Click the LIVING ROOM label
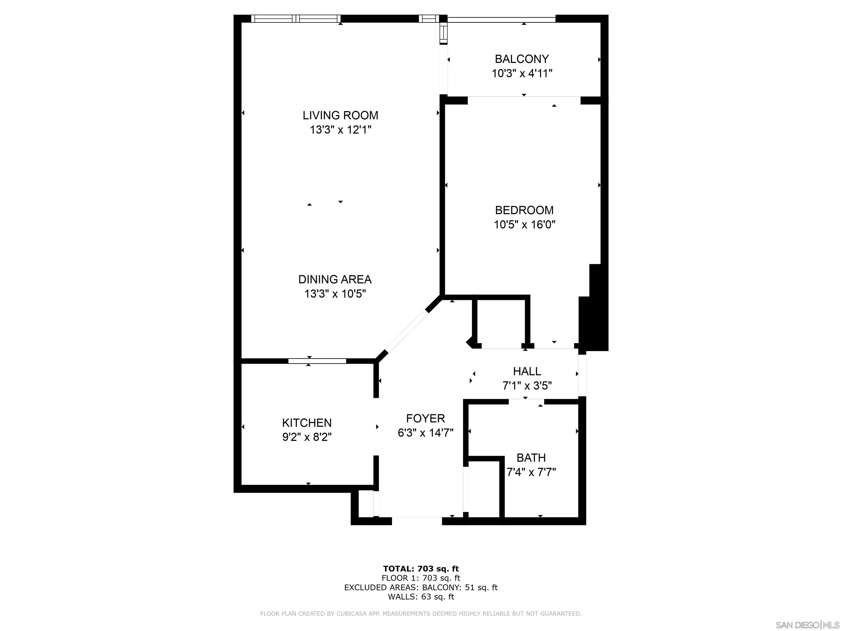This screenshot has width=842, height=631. coord(340,115)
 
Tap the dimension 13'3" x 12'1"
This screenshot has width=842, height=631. coord(340,130)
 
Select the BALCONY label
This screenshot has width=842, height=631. coord(522,59)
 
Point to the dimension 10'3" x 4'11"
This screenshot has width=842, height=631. coord(522,73)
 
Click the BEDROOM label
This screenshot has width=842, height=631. coord(524,210)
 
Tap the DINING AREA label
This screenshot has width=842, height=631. coord(335,279)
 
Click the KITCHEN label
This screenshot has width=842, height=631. coord(307,423)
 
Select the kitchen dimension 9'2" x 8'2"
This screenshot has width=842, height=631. coord(307,437)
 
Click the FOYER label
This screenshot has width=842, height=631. coord(425,418)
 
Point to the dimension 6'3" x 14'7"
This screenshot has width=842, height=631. coord(425,433)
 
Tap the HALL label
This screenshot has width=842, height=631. coord(527,371)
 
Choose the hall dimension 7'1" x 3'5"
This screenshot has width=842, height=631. coord(527,386)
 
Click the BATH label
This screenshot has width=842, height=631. coord(531,458)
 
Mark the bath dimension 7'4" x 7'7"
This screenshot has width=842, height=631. coord(531,472)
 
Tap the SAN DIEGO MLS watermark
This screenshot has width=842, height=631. coord(807,625)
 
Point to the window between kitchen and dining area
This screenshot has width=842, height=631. coord(317,361)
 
